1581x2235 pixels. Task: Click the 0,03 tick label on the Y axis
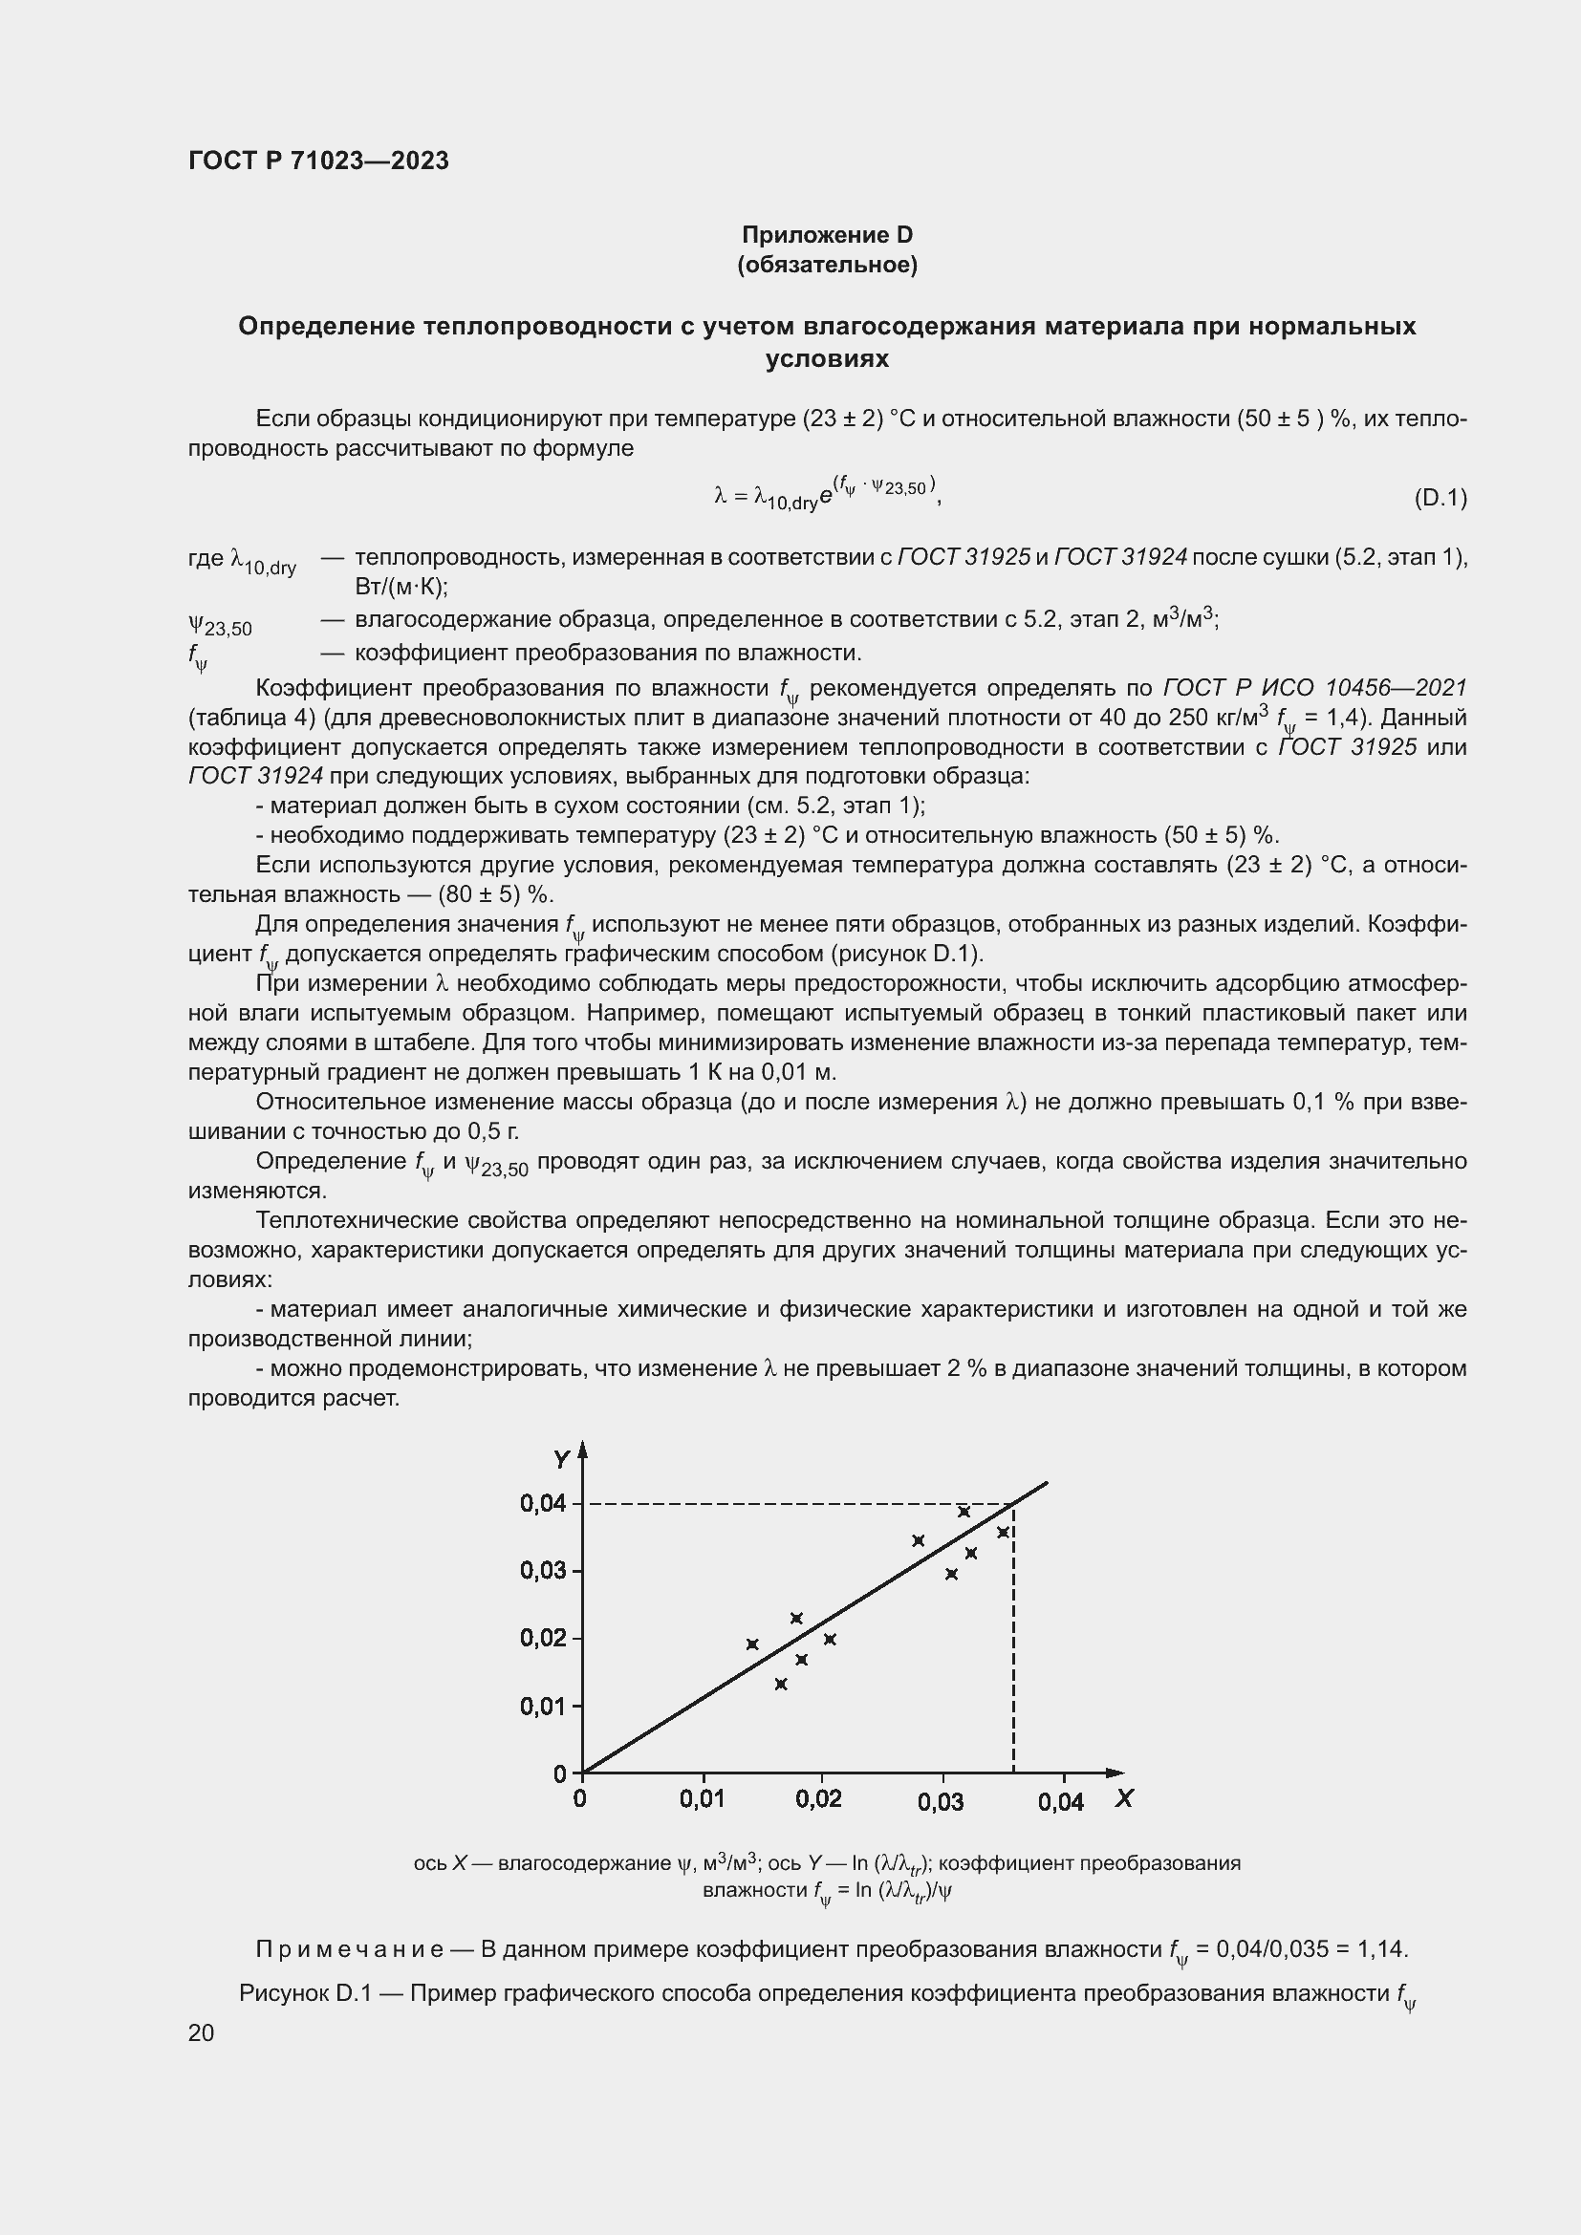(542, 1570)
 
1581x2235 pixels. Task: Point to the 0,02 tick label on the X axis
(818, 1799)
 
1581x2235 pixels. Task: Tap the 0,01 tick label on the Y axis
(542, 1706)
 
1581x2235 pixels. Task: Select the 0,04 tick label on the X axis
(1060, 1802)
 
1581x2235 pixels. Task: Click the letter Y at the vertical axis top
(561, 1459)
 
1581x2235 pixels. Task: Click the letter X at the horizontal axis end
(1124, 1798)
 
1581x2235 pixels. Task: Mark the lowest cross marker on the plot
(781, 1684)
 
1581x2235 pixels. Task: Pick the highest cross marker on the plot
(964, 1512)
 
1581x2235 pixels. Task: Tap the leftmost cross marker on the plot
(752, 1644)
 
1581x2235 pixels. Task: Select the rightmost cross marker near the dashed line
(1004, 1532)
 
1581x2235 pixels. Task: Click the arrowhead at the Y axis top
(582, 1450)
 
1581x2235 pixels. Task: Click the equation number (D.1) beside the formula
(1440, 499)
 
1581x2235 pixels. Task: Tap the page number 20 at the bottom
(202, 2032)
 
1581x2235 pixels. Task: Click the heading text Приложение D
(827, 235)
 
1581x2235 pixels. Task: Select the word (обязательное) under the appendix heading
(827, 265)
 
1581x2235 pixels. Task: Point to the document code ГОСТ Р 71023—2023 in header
(318, 161)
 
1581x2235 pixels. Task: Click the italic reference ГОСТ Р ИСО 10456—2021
(1314, 688)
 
